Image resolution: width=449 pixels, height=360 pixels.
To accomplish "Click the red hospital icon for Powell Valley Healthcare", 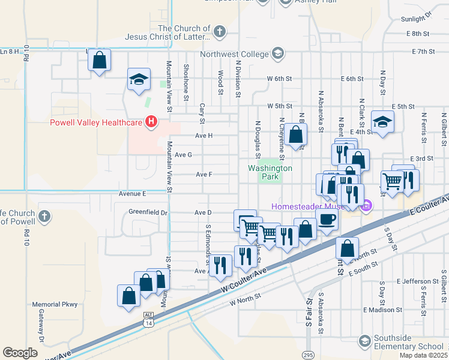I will (x=151, y=122).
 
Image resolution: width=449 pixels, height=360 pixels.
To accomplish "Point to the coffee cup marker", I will (x=327, y=220).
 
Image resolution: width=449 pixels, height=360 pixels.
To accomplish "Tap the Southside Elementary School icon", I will (x=364, y=341).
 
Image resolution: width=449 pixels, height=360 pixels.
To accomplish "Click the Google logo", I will (x=20, y=353).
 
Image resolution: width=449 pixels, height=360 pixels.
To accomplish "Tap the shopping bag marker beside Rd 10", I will (x=100, y=60).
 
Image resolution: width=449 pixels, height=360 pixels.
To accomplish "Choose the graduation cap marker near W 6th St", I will (x=138, y=80).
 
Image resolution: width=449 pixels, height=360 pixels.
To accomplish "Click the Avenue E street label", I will (x=132, y=194).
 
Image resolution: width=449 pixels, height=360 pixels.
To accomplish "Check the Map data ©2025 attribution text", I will (x=423, y=355).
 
